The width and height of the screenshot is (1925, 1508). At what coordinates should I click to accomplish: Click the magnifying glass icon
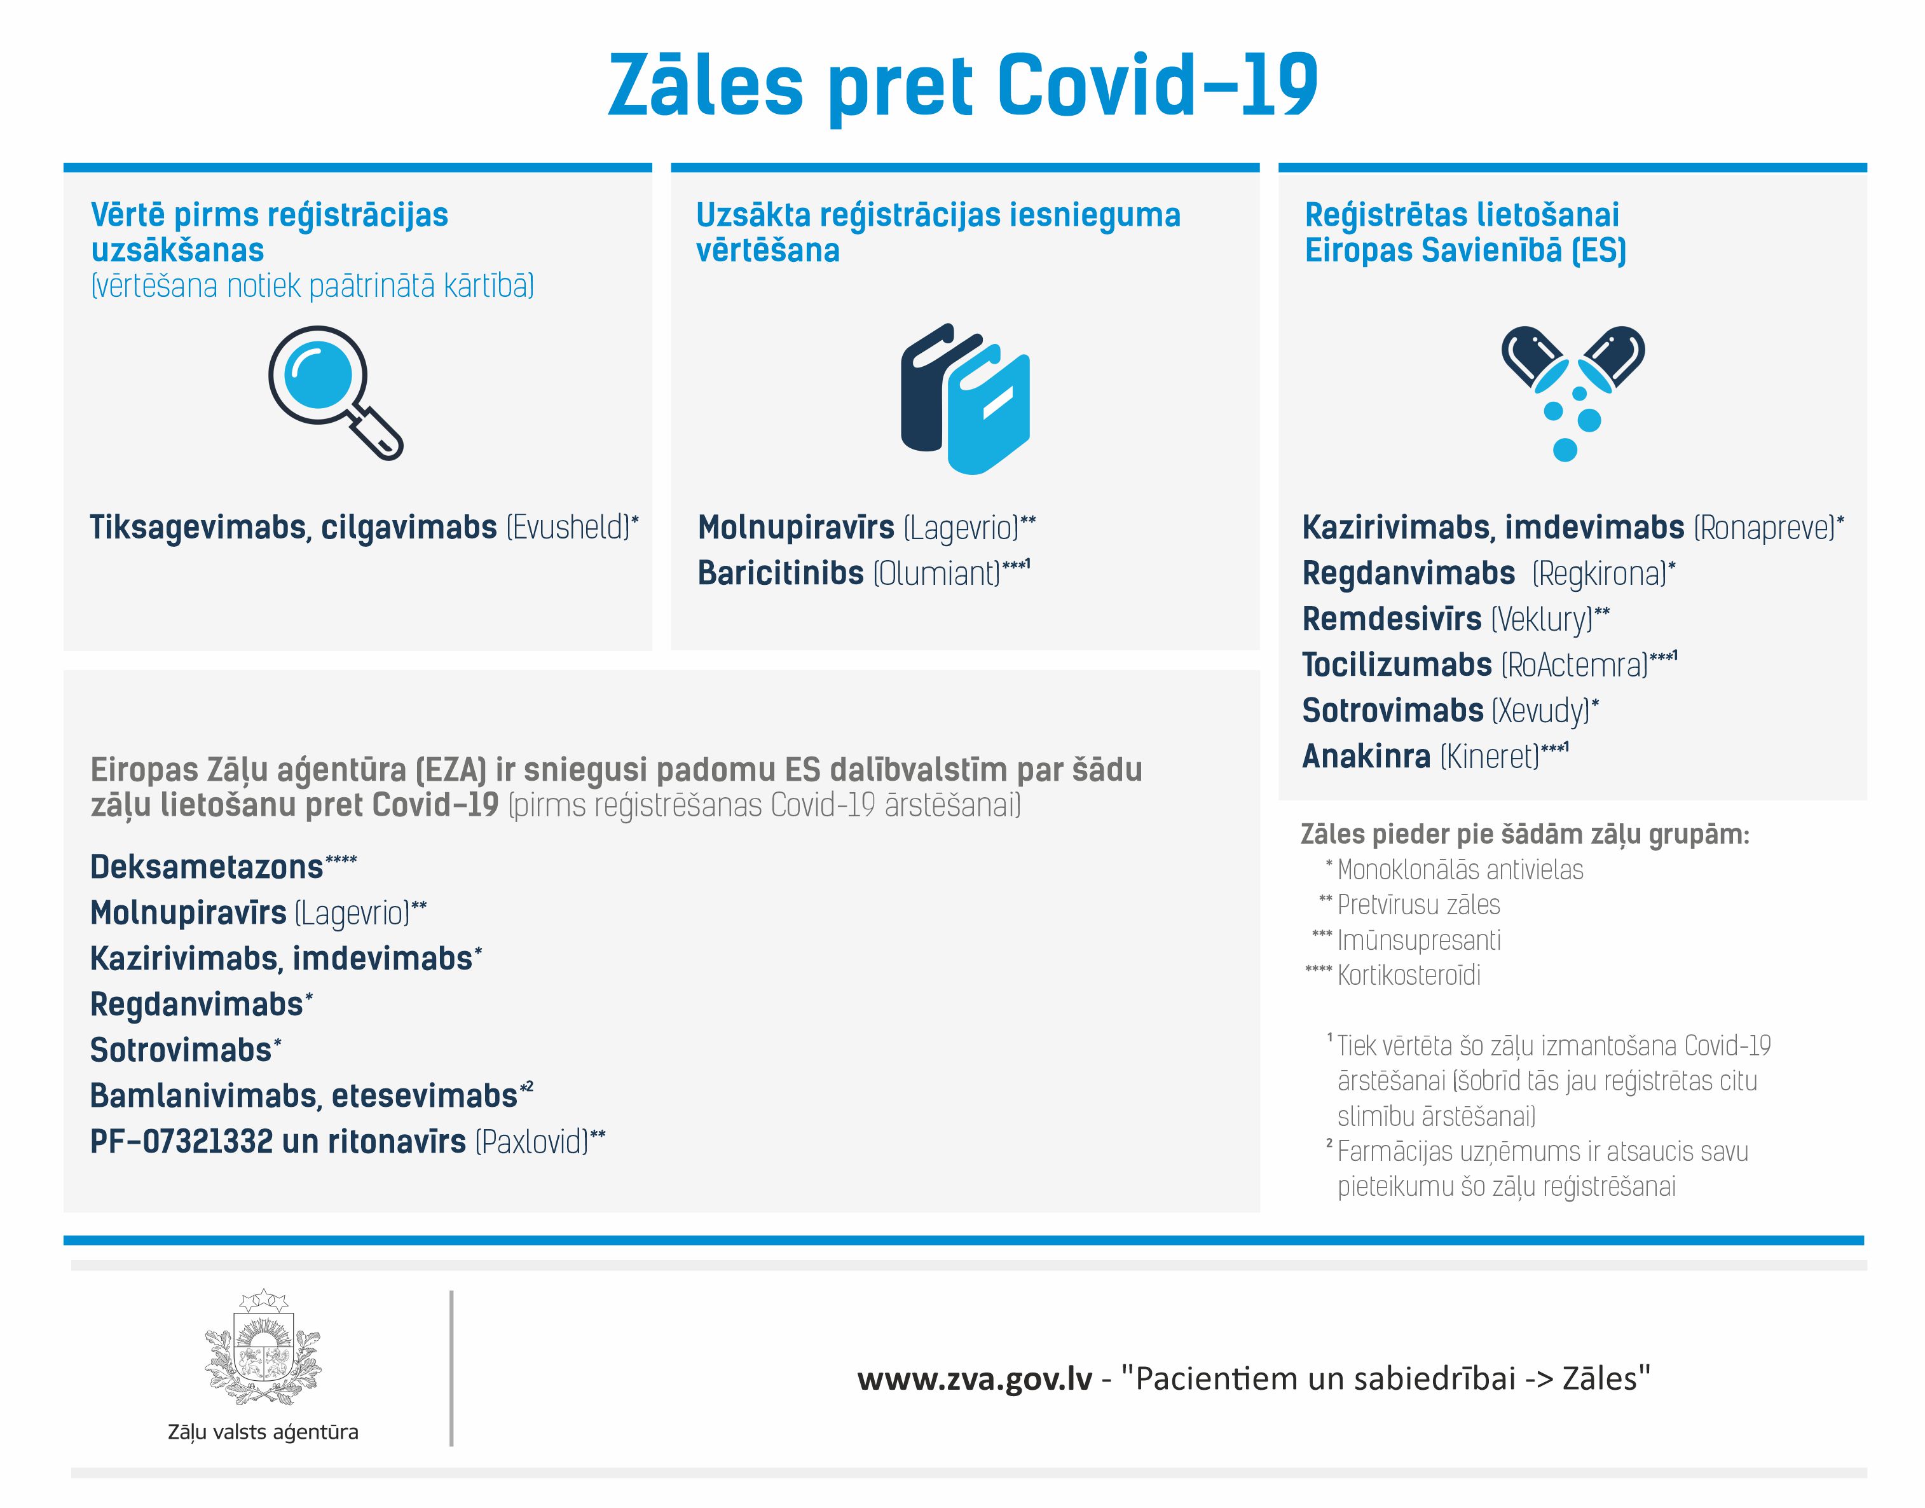coord(336,393)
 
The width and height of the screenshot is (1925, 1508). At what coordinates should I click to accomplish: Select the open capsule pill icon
coord(1572,393)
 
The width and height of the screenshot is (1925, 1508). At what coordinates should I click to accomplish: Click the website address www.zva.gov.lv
coord(975,1378)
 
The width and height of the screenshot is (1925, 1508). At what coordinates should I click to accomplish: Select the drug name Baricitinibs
coord(780,573)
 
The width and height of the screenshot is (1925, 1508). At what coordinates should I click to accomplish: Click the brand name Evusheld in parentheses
coord(569,528)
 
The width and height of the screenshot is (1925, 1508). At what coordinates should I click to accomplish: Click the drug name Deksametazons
coord(207,867)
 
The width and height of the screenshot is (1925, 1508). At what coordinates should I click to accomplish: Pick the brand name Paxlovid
coord(531,1142)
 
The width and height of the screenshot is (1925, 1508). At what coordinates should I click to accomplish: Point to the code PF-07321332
coord(181,1142)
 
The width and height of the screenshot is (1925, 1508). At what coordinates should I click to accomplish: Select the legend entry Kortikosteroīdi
coord(1409,976)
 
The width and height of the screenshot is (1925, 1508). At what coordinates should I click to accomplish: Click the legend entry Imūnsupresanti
coord(1418,940)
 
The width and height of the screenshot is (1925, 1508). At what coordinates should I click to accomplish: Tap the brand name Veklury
coord(1542,619)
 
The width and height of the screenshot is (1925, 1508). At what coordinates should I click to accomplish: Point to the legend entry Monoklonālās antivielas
coord(1460,870)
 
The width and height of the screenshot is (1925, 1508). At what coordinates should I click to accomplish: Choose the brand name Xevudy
coord(1540,711)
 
